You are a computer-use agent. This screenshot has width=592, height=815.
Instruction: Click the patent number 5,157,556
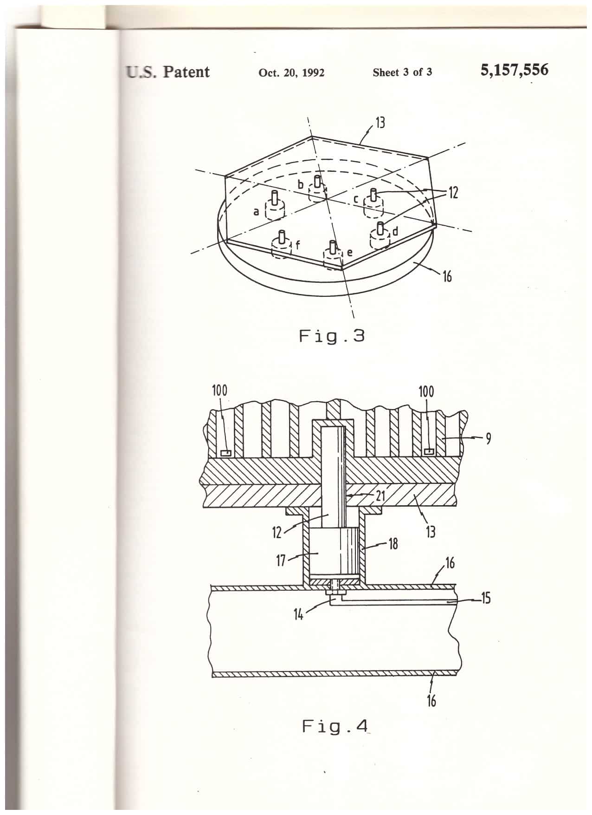click(x=515, y=71)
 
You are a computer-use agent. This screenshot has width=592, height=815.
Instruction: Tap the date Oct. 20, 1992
click(x=291, y=72)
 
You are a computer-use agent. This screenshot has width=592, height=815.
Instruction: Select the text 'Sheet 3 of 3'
click(x=402, y=72)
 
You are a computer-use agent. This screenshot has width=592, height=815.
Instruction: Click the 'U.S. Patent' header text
click(x=167, y=72)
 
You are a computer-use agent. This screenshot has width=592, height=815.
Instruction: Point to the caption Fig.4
click(x=335, y=725)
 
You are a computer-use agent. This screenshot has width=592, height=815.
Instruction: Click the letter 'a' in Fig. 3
click(x=256, y=212)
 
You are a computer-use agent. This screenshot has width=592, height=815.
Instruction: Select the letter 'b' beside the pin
click(x=301, y=185)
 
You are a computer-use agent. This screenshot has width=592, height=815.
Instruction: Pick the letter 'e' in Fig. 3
click(x=349, y=253)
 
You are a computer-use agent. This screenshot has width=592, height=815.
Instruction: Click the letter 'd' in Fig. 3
click(x=395, y=230)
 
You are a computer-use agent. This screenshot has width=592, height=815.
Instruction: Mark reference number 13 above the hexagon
click(x=380, y=123)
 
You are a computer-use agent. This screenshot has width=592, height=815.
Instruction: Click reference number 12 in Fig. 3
click(x=453, y=192)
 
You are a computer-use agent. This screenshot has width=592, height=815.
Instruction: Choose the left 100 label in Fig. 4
click(x=219, y=391)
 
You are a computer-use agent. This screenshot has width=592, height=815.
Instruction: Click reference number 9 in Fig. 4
click(x=489, y=438)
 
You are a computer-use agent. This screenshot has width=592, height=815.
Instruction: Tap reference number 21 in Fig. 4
click(x=380, y=496)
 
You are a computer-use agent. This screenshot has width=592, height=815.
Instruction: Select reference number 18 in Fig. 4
click(x=393, y=544)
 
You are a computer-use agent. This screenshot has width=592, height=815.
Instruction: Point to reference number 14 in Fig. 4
click(x=298, y=615)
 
